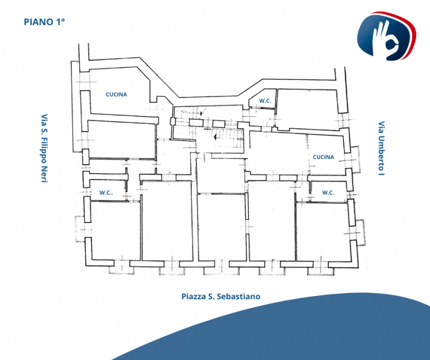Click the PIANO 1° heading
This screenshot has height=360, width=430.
[45, 22]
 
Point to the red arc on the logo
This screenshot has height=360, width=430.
[414, 38]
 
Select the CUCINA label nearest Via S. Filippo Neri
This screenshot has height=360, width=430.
[116, 95]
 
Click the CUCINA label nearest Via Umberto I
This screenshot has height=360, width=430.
[323, 157]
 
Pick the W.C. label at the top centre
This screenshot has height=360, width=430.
[264, 101]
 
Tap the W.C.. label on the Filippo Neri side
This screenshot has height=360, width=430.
[106, 192]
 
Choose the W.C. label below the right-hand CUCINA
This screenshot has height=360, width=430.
[328, 192]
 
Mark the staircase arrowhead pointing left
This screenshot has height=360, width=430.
[214, 137]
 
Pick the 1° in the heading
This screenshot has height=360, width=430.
[60, 22]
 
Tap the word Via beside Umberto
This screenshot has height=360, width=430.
[381, 128]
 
